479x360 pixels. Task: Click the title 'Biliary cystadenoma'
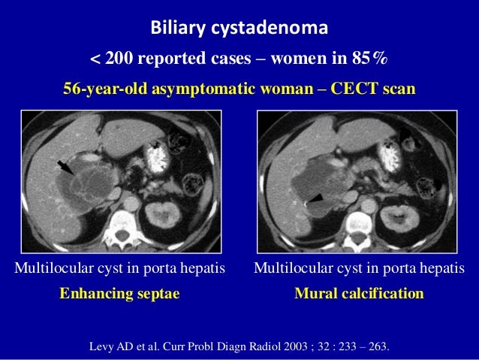pyautogui.click(x=239, y=29)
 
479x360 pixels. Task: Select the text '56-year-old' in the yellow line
pyautogui.click(x=106, y=89)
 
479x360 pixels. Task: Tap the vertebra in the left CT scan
pyautogui.click(x=121, y=224)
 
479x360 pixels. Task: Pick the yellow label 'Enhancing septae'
pyautogui.click(x=120, y=293)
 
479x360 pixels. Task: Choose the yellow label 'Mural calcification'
pyautogui.click(x=360, y=293)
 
